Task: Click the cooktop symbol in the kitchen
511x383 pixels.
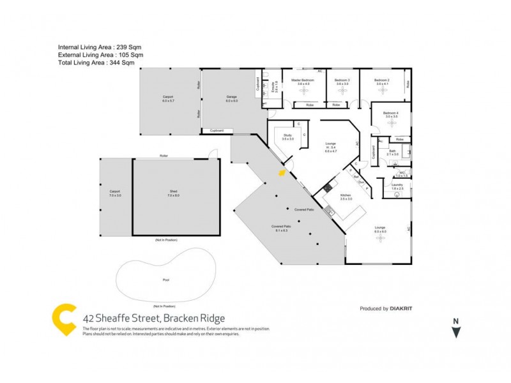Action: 328,187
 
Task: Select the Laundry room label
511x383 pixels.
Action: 397,186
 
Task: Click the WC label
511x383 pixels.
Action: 401,173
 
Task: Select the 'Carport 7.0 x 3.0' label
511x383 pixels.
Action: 115,193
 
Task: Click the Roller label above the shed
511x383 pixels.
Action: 164,156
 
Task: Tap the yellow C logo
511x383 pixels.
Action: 65,320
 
